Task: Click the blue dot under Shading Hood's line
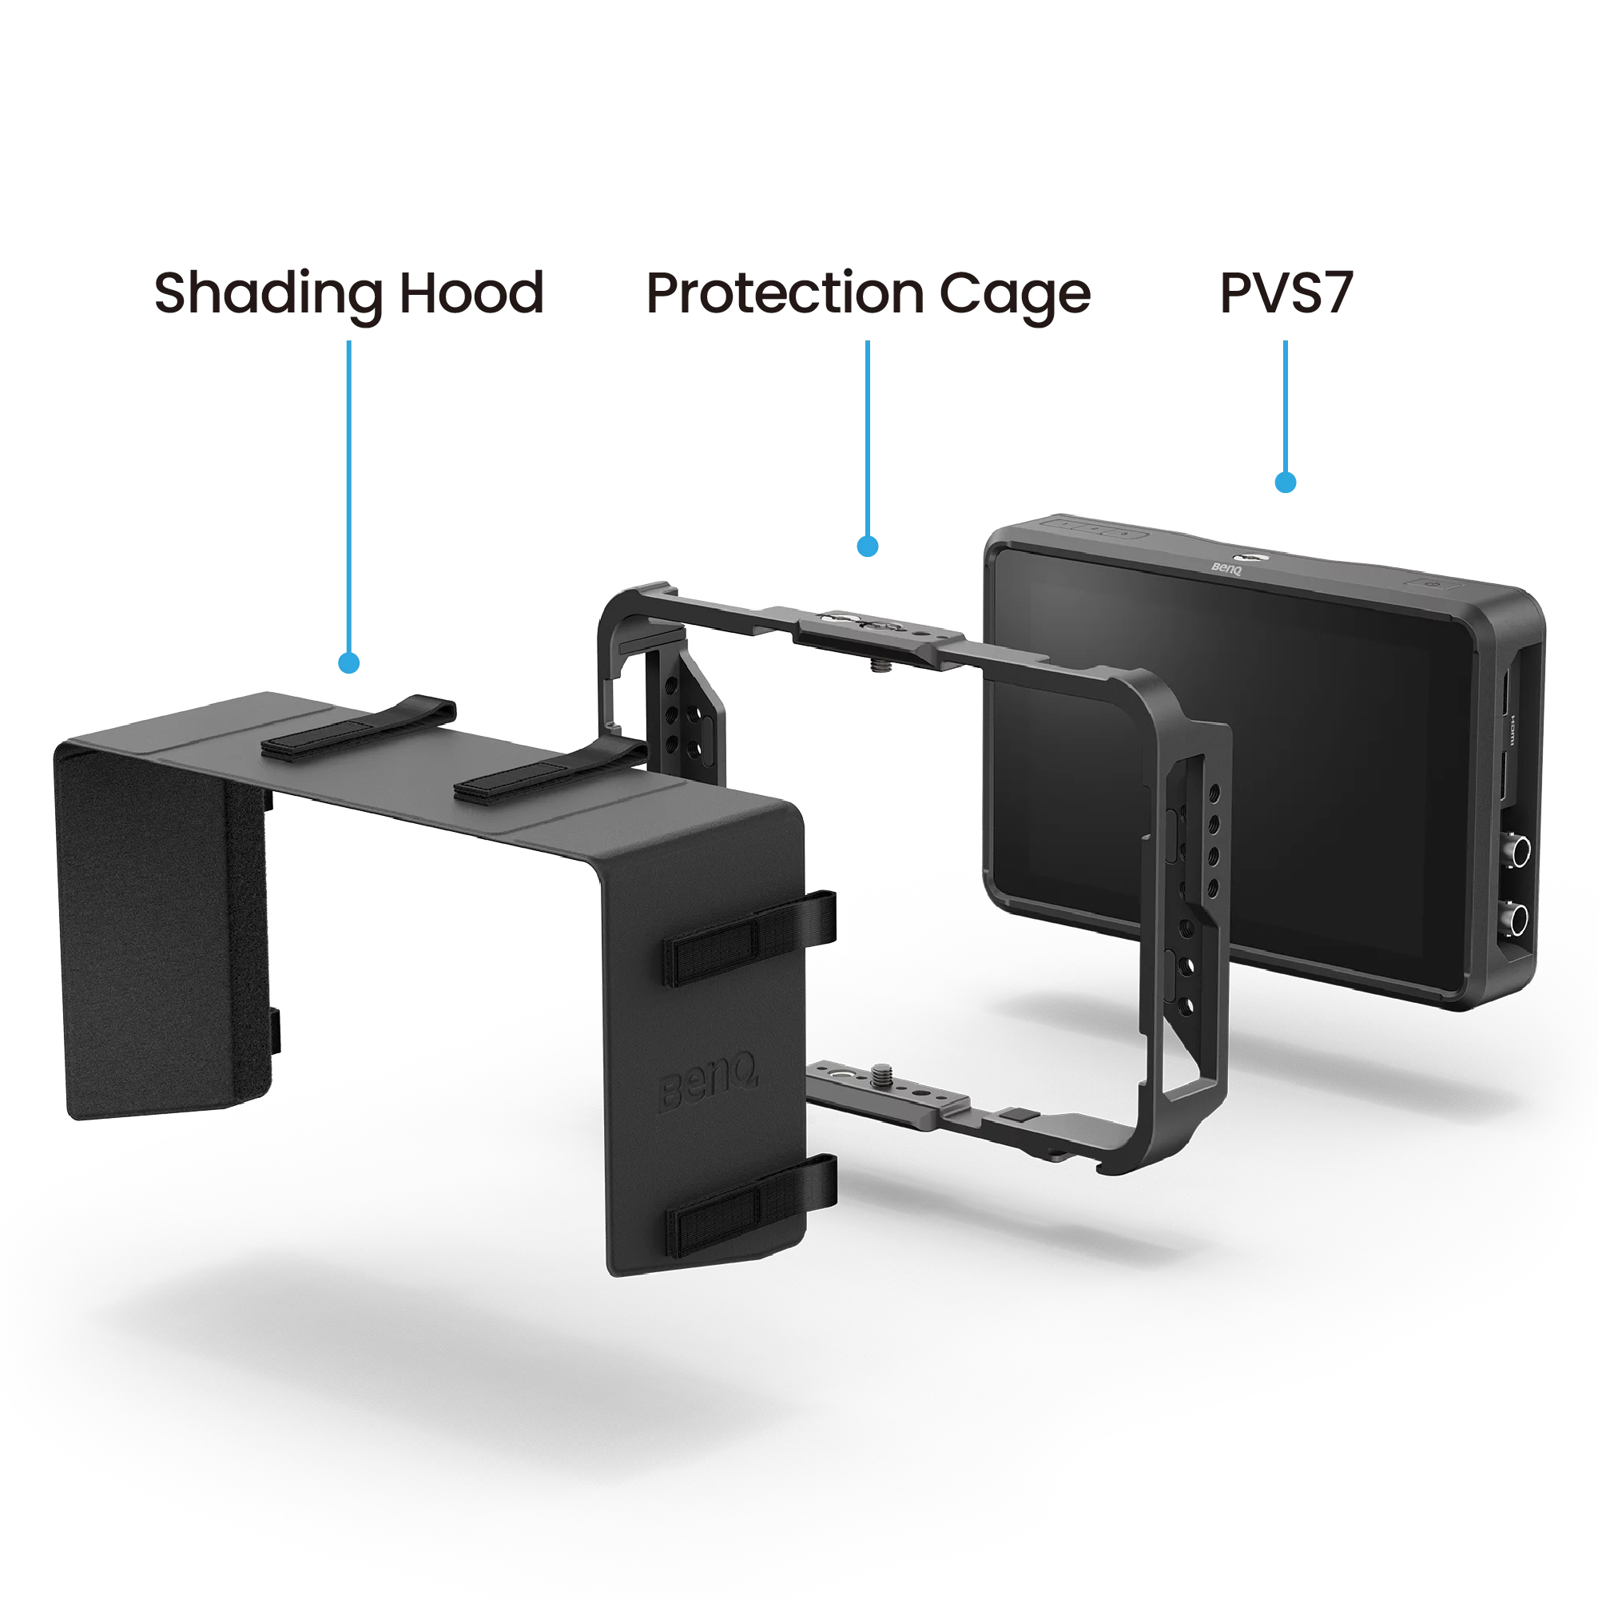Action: coord(348,663)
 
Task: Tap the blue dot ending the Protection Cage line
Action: coord(867,547)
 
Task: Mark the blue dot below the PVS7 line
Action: coord(1285,483)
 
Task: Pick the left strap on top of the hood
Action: coord(358,728)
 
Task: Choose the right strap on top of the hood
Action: coord(550,772)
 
